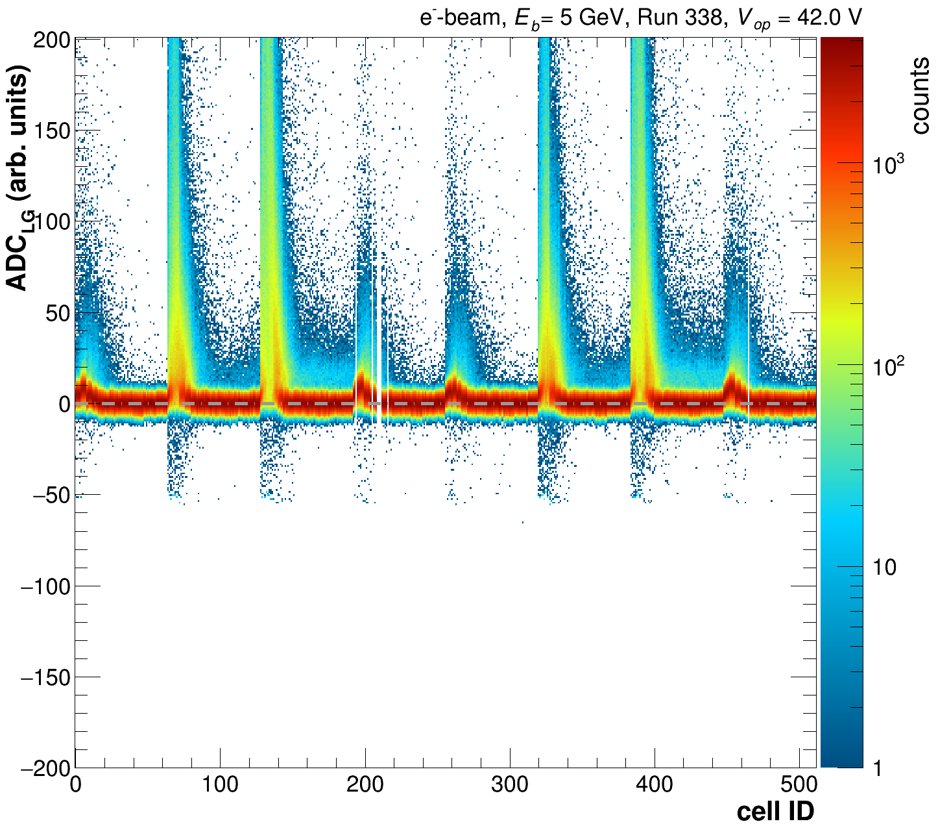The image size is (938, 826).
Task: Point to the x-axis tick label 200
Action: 365,785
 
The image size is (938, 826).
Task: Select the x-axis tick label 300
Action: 510,785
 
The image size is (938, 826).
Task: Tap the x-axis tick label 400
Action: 655,785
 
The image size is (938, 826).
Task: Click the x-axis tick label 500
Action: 799,785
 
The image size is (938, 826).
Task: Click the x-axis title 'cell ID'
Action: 775,811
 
